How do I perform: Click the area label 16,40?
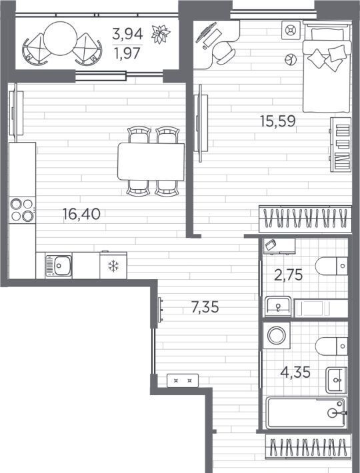tap(81, 214)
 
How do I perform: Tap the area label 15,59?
tap(278, 121)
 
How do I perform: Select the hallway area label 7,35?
tap(205, 307)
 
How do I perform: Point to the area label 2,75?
tap(289, 275)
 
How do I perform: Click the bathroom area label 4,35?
tap(295, 372)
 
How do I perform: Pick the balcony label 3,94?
tap(127, 34)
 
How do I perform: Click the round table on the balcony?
tap(61, 39)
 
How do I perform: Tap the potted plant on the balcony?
tap(161, 34)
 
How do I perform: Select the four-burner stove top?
tap(22, 210)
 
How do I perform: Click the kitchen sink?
tap(59, 265)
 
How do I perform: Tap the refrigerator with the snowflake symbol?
tap(113, 265)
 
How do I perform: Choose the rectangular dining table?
tap(151, 162)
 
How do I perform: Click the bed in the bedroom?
tap(327, 67)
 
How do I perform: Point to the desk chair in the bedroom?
tap(223, 53)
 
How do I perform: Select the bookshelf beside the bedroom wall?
tap(341, 145)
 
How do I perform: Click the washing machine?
tap(277, 336)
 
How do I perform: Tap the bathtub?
tap(306, 412)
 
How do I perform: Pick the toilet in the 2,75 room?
tap(331, 266)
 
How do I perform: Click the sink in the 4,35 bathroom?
tap(336, 380)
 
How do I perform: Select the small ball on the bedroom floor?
tap(291, 59)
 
